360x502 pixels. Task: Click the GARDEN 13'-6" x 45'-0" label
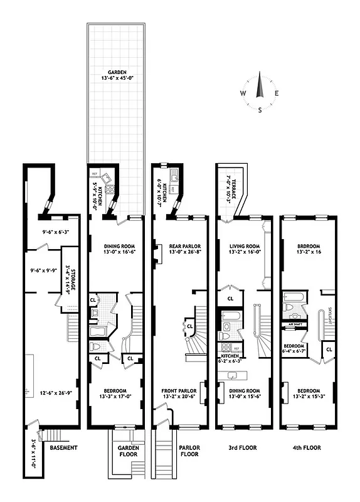coord(116,76)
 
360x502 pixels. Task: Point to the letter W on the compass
coord(242,93)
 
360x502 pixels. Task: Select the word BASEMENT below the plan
coord(63,447)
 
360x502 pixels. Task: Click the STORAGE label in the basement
coord(69,269)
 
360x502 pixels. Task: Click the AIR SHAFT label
coord(295,324)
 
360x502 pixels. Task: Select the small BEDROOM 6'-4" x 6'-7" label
coord(294,348)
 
